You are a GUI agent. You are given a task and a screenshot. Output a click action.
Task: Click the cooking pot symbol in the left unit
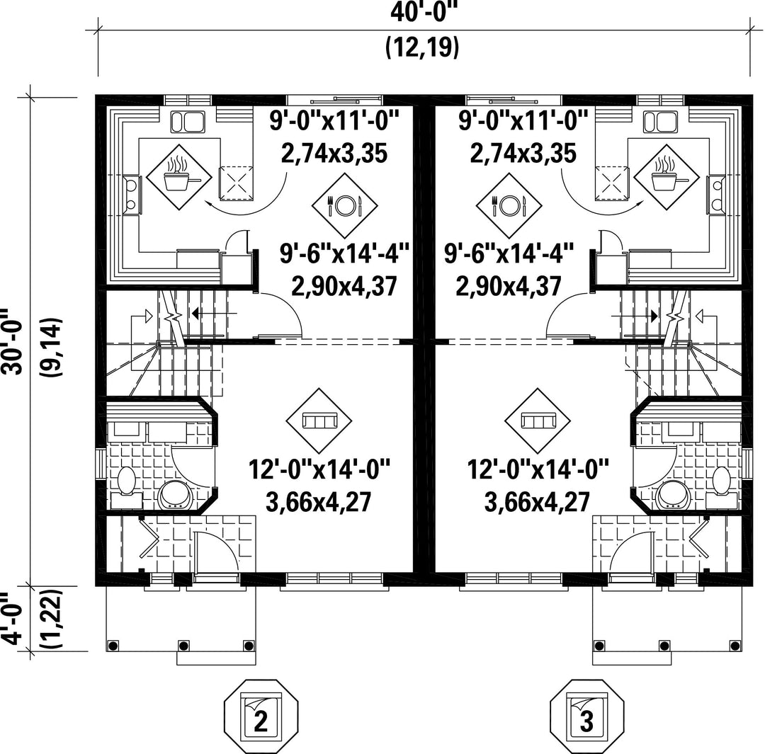[180, 177]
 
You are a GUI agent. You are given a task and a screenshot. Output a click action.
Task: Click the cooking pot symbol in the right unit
[667, 177]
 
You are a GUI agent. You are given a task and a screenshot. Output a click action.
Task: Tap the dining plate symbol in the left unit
[345, 205]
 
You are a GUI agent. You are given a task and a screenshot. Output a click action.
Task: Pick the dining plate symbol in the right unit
[509, 205]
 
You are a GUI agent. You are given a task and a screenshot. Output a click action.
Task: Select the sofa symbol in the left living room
[319, 421]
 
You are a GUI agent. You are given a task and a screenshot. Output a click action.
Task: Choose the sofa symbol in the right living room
[538, 421]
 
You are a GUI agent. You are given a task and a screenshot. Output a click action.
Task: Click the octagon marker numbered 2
[261, 716]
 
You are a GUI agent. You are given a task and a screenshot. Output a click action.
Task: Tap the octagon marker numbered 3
[587, 716]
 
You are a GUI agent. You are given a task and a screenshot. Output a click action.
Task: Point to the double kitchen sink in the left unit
[187, 122]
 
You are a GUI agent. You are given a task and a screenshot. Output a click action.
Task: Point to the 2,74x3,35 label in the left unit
[334, 153]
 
